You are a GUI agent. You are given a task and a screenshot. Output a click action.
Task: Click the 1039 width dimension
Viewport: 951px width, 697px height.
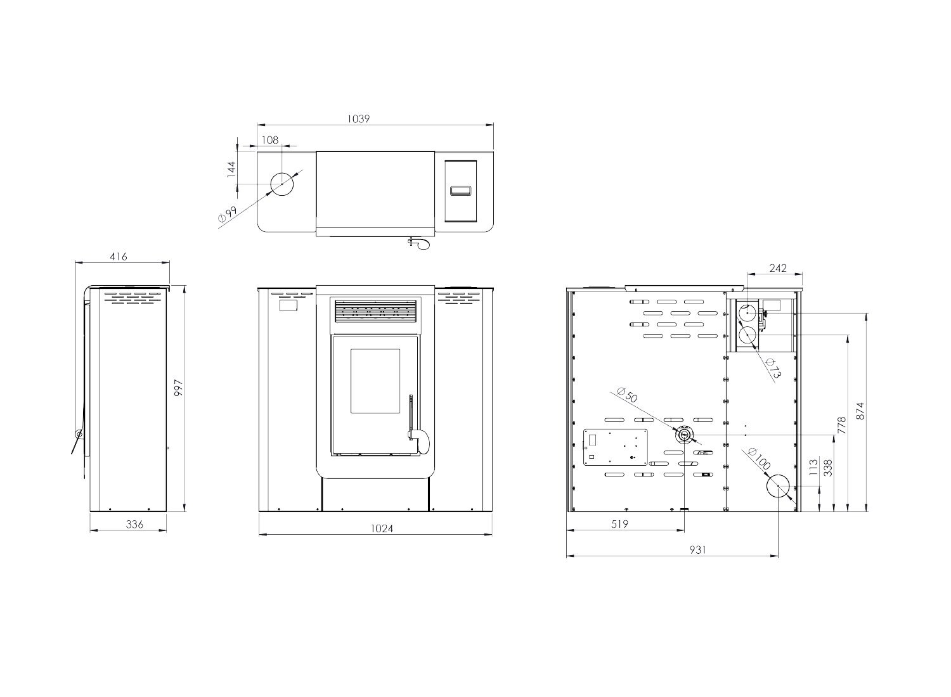pos(358,118)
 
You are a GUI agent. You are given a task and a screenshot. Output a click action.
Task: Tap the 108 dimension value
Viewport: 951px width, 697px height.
pos(269,139)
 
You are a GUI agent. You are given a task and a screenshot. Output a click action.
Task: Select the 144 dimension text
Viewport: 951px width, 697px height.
pos(231,169)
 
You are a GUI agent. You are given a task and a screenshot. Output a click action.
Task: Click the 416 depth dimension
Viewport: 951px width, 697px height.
pos(119,256)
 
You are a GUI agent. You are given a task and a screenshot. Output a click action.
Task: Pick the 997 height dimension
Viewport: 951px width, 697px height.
pos(178,388)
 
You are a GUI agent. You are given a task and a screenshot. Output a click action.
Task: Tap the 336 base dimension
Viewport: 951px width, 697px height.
pos(134,524)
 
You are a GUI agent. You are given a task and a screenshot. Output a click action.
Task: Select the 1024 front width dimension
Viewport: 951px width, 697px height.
pos(382,528)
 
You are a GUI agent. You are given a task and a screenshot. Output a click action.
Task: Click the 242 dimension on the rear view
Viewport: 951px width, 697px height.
pos(778,267)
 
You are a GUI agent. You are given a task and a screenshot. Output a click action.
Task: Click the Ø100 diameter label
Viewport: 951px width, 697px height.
pos(759,459)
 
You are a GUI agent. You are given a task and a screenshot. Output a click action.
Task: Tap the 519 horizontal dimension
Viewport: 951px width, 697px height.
pos(619,524)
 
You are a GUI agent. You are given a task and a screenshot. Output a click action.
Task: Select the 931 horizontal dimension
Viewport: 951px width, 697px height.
pos(697,550)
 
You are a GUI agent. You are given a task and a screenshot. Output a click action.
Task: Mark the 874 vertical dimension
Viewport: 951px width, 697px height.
pos(860,411)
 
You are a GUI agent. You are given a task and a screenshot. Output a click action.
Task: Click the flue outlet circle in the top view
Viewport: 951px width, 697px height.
pos(282,184)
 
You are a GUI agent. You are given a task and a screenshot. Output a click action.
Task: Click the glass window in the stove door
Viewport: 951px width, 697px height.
pos(375,381)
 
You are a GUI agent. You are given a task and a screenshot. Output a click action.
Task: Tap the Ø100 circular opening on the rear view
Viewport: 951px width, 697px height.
pos(778,486)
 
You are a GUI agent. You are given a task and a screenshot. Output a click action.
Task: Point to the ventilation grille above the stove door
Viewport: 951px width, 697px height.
pos(376,311)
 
